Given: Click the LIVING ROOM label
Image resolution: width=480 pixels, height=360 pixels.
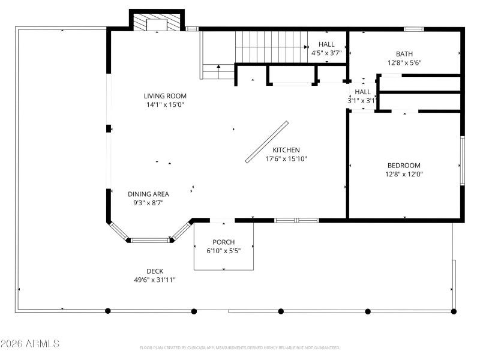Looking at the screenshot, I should pos(165,96).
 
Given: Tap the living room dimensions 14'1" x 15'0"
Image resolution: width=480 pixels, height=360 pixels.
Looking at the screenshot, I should pos(165,104).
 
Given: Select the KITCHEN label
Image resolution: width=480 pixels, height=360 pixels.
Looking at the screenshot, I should pos(286,150).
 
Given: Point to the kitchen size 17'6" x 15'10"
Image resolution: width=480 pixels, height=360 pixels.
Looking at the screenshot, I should pos(286,159).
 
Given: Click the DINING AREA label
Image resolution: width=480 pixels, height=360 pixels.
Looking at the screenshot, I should pos(148,194).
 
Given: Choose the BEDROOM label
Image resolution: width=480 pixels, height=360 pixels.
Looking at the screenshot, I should pos(404,166).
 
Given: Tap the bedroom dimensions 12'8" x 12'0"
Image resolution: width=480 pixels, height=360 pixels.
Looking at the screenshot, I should pos(404,175).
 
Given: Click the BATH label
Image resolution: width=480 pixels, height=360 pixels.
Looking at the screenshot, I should pos(404,54).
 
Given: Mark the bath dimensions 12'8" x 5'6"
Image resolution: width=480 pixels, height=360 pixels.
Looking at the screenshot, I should pos(404,62).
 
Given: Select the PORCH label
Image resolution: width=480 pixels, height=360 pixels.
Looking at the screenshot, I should pos(223,242).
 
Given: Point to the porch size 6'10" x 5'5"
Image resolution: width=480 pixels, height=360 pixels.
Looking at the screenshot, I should pos(223,251).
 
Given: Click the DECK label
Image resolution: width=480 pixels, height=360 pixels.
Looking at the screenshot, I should pos(155,271).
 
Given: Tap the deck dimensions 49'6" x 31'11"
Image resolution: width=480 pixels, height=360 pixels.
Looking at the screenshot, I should pos(155,280).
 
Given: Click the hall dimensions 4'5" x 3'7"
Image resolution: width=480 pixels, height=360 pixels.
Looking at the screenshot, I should pos(326,53).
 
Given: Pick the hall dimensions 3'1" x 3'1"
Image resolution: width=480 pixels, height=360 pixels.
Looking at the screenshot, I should pos(362,101).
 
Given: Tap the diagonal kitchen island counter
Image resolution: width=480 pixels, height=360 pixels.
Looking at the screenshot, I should pos(267,142).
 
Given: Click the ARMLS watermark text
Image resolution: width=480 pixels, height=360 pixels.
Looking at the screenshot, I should pos(30,344).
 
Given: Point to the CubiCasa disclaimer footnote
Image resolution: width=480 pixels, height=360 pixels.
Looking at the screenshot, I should pos(240,347).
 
